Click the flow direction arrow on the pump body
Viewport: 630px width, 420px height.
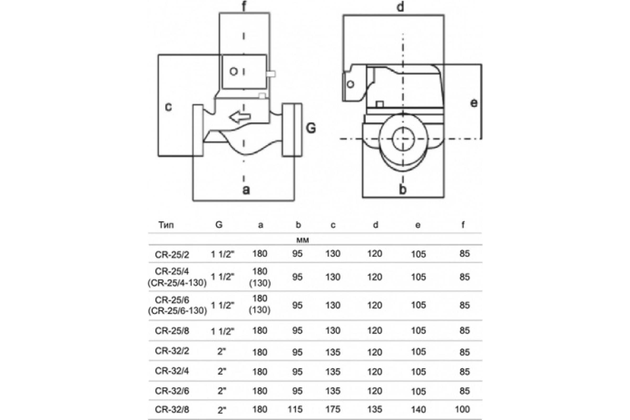click(x=240, y=117)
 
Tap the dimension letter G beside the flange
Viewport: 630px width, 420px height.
click(x=311, y=128)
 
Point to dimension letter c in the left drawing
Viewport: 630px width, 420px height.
click(x=168, y=107)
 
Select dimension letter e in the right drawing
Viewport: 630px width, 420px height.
click(x=474, y=103)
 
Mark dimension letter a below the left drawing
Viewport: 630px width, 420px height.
click(x=246, y=190)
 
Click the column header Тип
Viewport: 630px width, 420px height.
click(x=166, y=225)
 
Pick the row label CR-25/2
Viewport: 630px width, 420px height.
click(x=172, y=254)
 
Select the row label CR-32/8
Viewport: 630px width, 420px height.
click(x=172, y=409)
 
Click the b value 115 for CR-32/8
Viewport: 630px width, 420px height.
click(x=295, y=409)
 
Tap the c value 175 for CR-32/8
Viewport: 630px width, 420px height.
click(x=333, y=409)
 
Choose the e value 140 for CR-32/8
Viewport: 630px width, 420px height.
click(x=418, y=409)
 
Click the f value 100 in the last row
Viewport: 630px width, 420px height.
click(x=462, y=409)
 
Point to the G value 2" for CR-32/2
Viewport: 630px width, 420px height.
click(x=222, y=351)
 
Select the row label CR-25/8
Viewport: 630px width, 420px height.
click(x=172, y=331)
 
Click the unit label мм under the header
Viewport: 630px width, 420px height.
click(x=303, y=240)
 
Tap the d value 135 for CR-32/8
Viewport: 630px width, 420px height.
click(x=375, y=409)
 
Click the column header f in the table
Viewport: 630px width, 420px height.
click(x=463, y=225)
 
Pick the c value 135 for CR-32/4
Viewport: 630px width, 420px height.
click(x=333, y=371)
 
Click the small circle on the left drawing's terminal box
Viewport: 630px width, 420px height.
click(x=234, y=71)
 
